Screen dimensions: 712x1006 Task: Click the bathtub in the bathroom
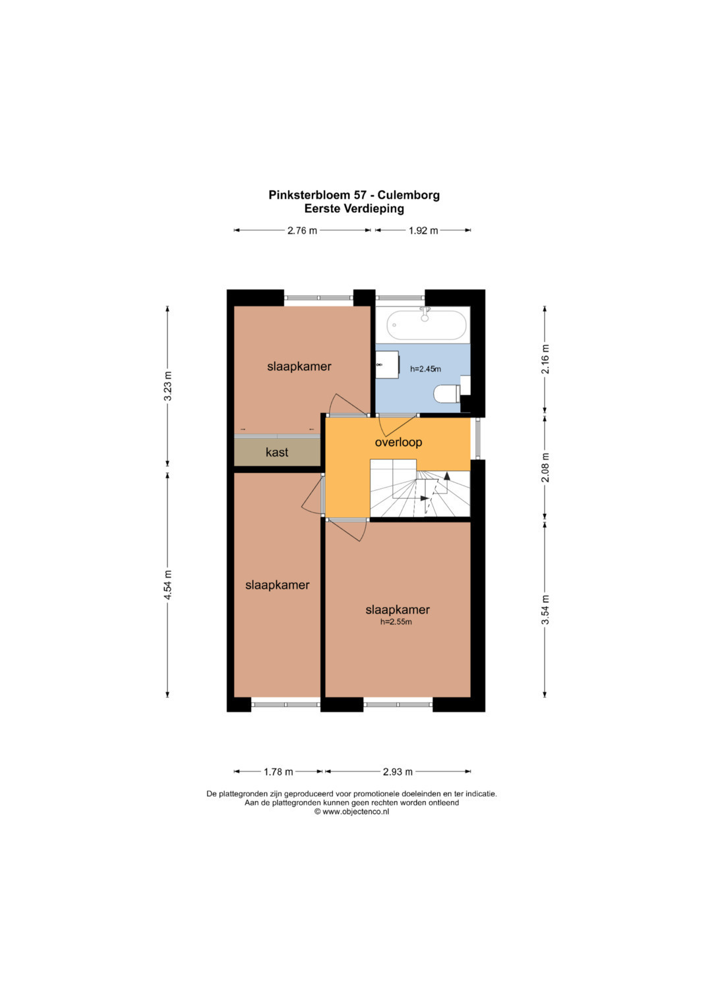(426, 325)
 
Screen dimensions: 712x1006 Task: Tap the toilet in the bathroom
(447, 395)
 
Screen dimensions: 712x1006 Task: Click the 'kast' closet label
(277, 452)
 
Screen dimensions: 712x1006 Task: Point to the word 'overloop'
(398, 442)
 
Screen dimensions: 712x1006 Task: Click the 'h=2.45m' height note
(425, 369)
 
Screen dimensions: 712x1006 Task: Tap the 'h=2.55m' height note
(396, 622)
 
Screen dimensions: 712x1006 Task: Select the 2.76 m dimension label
(302, 231)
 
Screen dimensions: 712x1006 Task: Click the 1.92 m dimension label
(423, 231)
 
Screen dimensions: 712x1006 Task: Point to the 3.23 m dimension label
(167, 386)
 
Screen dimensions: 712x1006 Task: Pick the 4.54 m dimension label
(167, 584)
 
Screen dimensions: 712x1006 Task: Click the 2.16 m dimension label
(545, 359)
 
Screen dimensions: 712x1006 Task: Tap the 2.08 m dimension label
(545, 468)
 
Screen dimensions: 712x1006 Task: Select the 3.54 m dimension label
(545, 609)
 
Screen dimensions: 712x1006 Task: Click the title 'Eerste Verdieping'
(354, 209)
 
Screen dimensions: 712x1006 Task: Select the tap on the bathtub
(425, 314)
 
